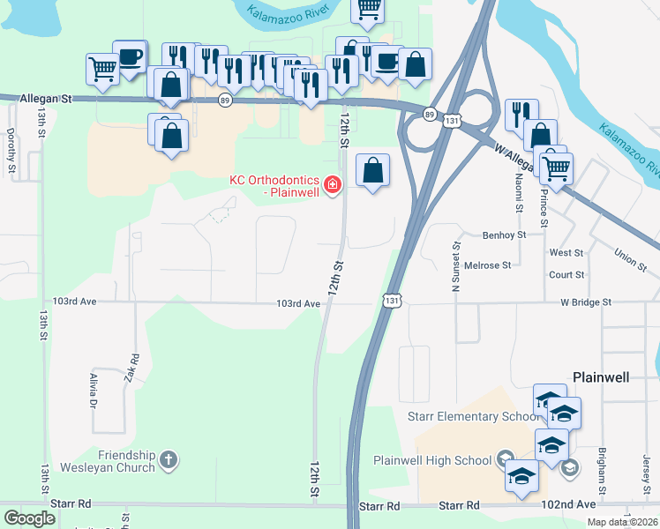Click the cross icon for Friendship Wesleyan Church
tap(169, 459)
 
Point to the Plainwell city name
tap(601, 376)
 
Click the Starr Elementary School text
tap(472, 416)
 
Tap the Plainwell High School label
tap(432, 460)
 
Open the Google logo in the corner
tap(29, 518)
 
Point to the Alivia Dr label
tap(94, 392)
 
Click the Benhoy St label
tap(505, 235)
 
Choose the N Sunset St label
tap(456, 267)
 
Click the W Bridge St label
tap(586, 302)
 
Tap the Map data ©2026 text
tap(623, 522)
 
